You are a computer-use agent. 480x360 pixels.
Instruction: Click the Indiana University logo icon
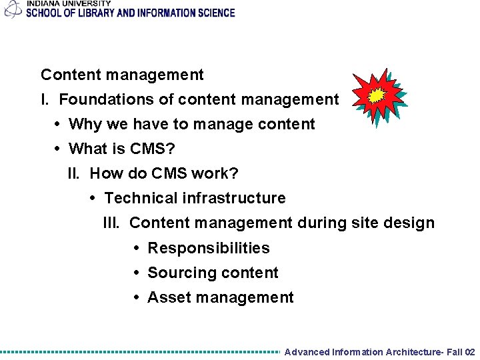point(13,9)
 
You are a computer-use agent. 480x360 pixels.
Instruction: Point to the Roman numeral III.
point(111,223)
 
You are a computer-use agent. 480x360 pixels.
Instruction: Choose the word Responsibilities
point(209,248)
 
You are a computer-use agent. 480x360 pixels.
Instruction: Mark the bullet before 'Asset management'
point(137,297)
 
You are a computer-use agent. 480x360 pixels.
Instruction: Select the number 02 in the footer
point(469,352)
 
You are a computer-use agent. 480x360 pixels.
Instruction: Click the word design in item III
point(411,223)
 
